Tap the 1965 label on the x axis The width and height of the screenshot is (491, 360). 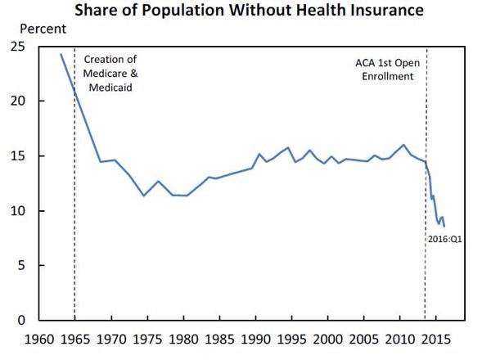tap(74, 337)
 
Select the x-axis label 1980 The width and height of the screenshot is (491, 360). tap(183, 337)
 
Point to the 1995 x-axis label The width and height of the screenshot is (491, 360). tap(292, 337)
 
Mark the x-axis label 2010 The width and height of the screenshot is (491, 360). tap(401, 337)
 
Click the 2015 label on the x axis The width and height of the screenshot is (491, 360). tap(437, 337)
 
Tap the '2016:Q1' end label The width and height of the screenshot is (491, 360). tap(447, 239)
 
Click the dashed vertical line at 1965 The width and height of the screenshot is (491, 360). tap(74, 205)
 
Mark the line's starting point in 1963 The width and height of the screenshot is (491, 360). tap(61, 54)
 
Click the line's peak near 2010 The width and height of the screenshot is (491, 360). tap(403, 145)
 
